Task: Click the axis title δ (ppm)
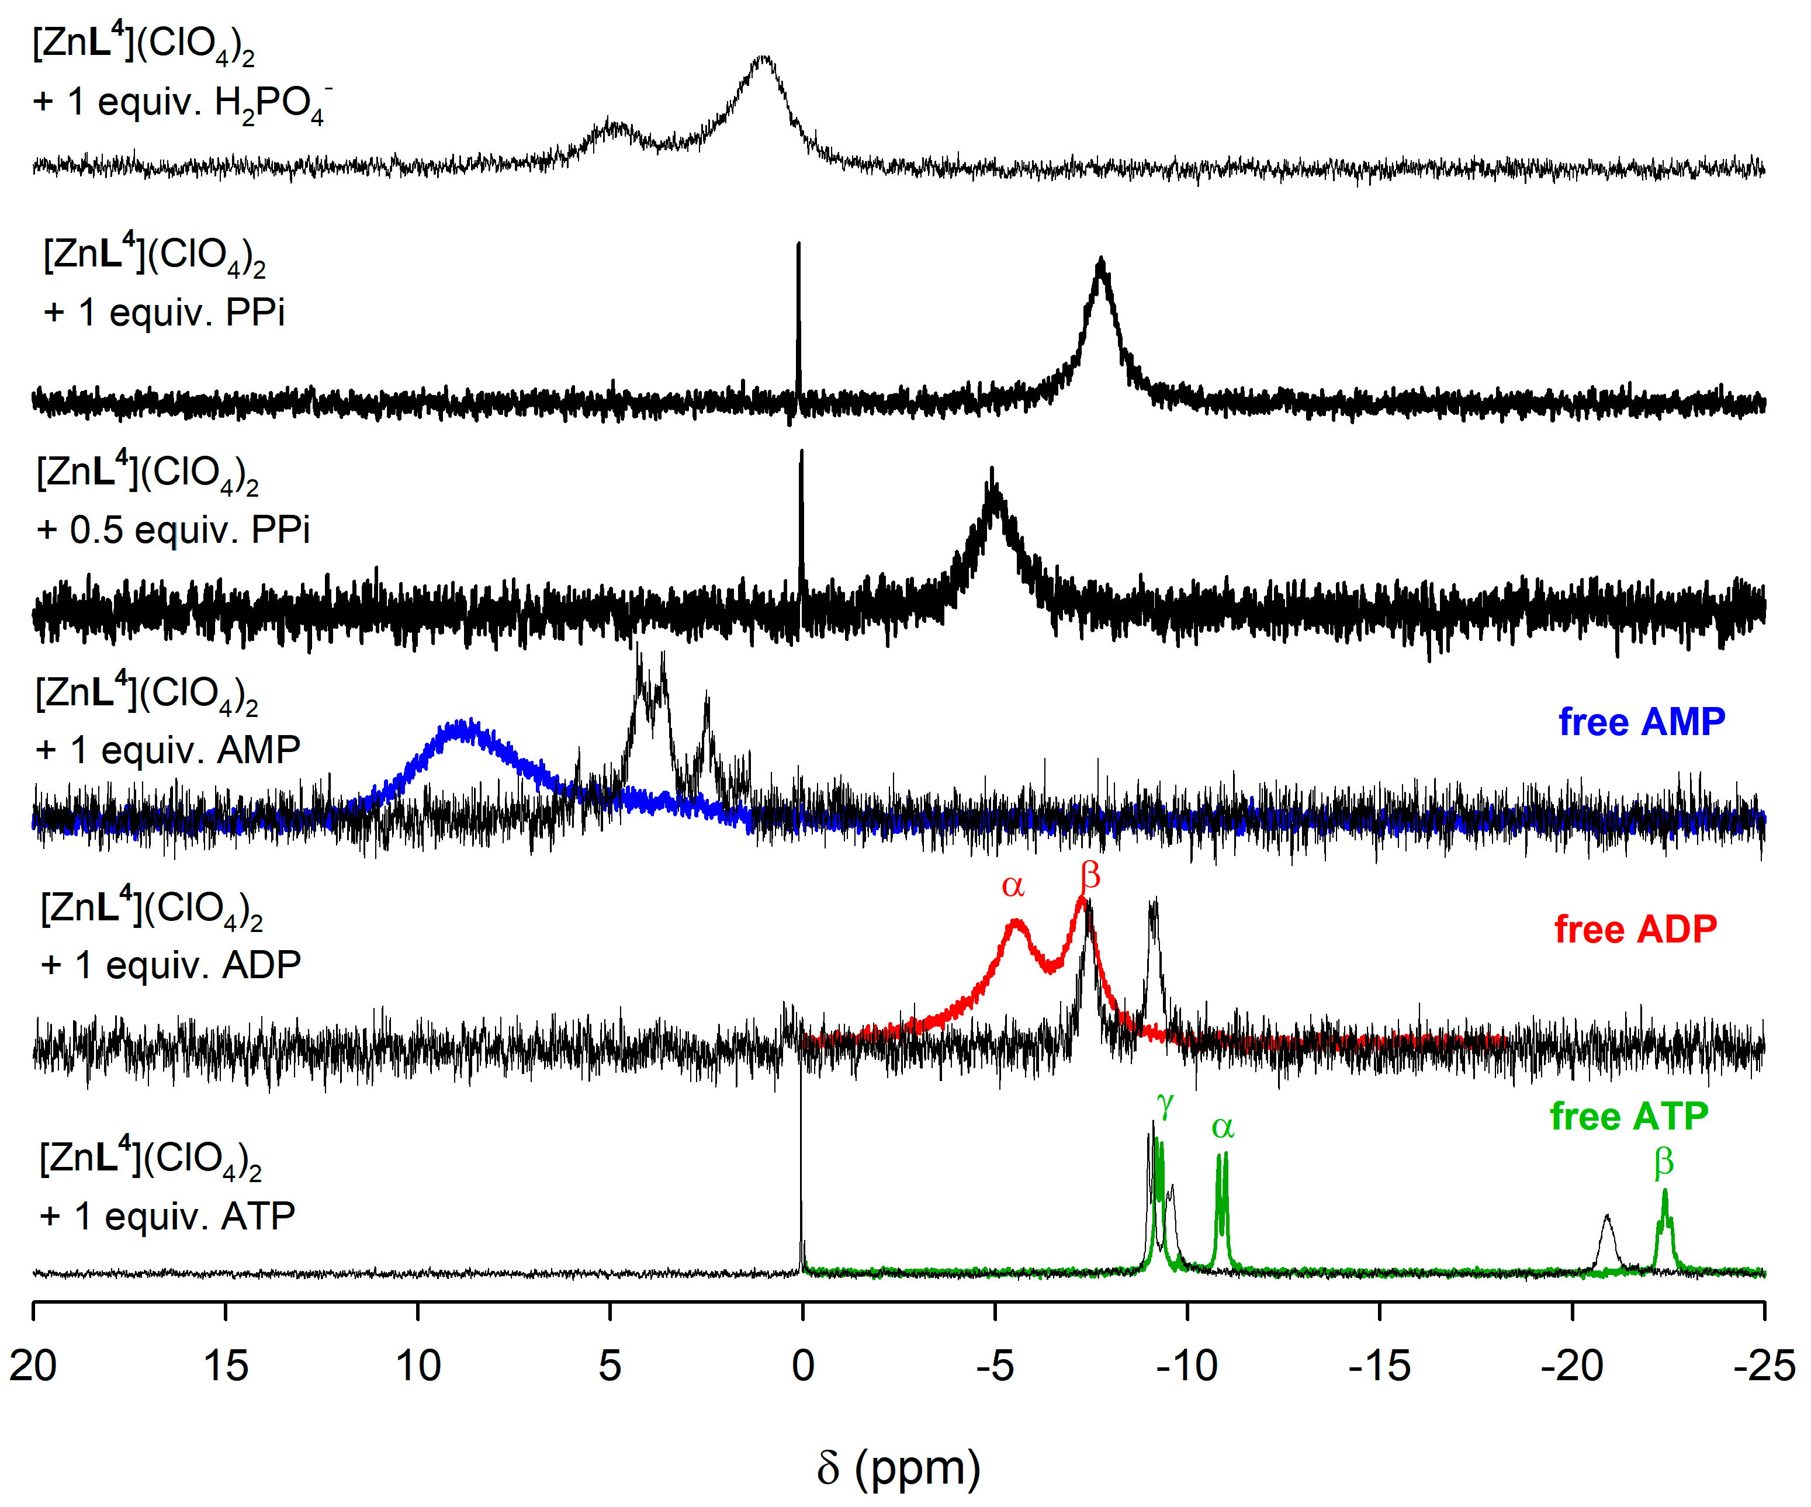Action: [x=899, y=1467]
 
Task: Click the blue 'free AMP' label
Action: [x=1641, y=722]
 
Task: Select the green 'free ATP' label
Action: [x=1628, y=1117]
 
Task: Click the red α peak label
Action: [x=1012, y=885]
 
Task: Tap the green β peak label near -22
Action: [x=1664, y=1162]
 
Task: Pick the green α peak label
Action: [x=1223, y=1127]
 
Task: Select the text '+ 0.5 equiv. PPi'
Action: [x=172, y=530]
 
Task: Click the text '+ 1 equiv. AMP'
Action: [x=168, y=750]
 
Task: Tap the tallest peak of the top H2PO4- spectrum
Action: [x=763, y=60]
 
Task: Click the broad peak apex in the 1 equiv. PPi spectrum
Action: [x=1100, y=263]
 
